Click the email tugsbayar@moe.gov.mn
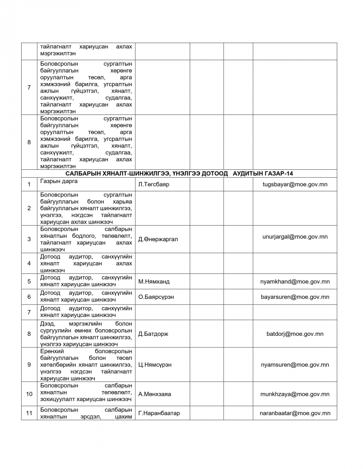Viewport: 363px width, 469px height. coord(295,184)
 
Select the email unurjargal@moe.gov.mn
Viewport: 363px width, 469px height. coord(295,237)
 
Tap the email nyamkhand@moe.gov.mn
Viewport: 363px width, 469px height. coord(295,282)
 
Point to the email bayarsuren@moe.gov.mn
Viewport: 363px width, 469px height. coord(295,297)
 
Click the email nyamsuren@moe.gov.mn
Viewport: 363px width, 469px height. coord(295,364)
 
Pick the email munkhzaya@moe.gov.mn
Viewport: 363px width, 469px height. coord(295,394)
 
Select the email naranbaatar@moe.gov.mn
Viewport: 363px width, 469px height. coord(295,413)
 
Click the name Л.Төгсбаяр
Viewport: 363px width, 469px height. coord(154,185)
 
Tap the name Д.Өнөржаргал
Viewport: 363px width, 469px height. coord(158,239)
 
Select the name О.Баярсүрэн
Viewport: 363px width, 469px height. coord(157,297)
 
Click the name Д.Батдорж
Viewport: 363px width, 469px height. coord(153,334)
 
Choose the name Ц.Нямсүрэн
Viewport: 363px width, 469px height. coord(155,364)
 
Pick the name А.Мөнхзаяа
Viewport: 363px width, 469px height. coord(154,394)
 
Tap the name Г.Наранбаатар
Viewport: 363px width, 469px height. coord(159,413)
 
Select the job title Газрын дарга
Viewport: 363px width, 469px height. coord(59,182)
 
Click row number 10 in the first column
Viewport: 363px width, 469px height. coord(29,394)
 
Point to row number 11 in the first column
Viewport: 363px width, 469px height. coord(29,413)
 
